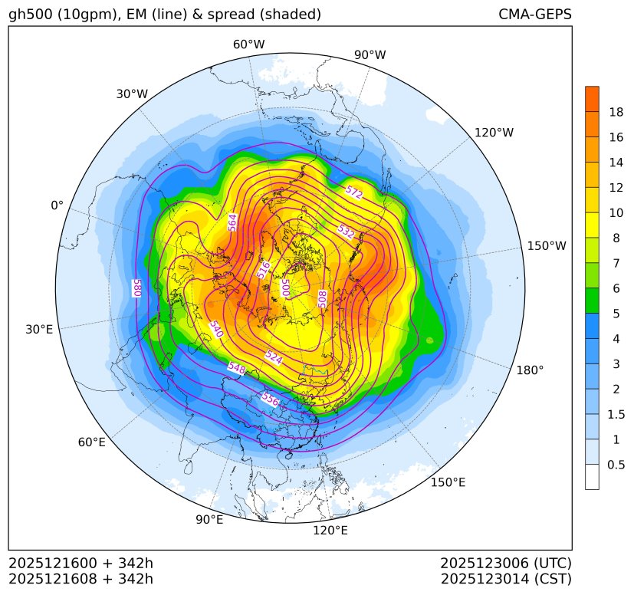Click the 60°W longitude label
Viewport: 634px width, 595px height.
point(249,44)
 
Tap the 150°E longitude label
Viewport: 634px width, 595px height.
point(448,482)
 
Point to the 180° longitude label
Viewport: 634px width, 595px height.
point(530,370)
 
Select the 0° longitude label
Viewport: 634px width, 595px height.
point(57,205)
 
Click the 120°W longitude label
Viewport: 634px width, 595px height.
point(494,133)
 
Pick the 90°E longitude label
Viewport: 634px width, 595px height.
point(209,520)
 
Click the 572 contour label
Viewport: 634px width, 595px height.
point(353,192)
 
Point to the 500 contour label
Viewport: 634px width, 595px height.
point(284,288)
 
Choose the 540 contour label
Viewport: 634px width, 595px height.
point(215,329)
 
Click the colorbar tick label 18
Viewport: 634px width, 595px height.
point(616,112)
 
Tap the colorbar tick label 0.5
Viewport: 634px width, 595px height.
point(616,465)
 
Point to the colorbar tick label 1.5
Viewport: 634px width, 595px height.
point(616,414)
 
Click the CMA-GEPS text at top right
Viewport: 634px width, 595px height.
point(534,15)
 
